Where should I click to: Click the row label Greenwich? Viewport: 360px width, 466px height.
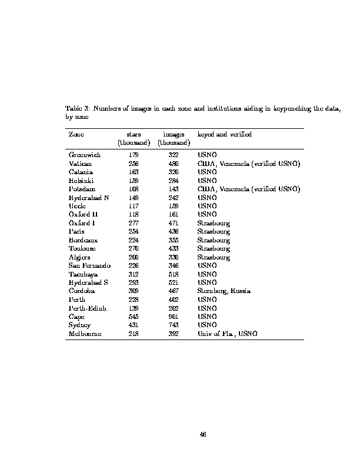point(85,155)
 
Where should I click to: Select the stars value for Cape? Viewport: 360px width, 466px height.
point(134,317)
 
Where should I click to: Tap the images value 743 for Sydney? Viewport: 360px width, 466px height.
point(174,325)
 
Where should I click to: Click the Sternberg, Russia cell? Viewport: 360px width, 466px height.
point(224,291)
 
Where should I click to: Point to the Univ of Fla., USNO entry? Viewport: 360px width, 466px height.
point(227,334)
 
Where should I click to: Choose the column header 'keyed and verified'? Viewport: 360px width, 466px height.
point(224,135)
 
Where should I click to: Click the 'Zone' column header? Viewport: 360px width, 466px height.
point(76,135)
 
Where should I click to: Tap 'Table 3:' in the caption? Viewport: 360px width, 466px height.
point(77,109)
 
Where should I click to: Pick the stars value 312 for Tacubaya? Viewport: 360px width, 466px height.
point(134,274)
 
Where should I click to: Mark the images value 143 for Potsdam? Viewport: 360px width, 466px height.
point(174,189)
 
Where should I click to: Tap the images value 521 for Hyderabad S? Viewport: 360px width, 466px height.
point(174,282)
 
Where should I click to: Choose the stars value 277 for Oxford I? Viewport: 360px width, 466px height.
point(134,223)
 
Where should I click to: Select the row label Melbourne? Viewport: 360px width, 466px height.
point(85,334)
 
